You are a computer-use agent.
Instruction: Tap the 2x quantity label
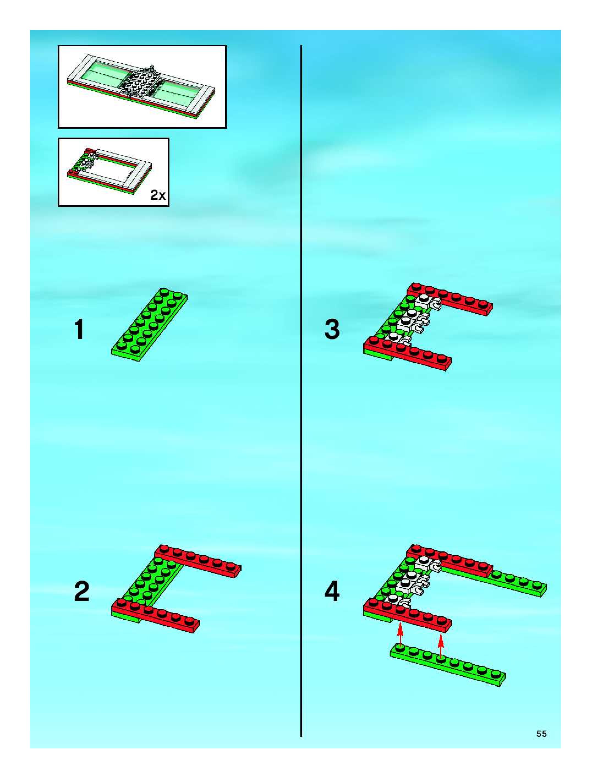pos(158,195)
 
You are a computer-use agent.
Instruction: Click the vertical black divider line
pos(301,389)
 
